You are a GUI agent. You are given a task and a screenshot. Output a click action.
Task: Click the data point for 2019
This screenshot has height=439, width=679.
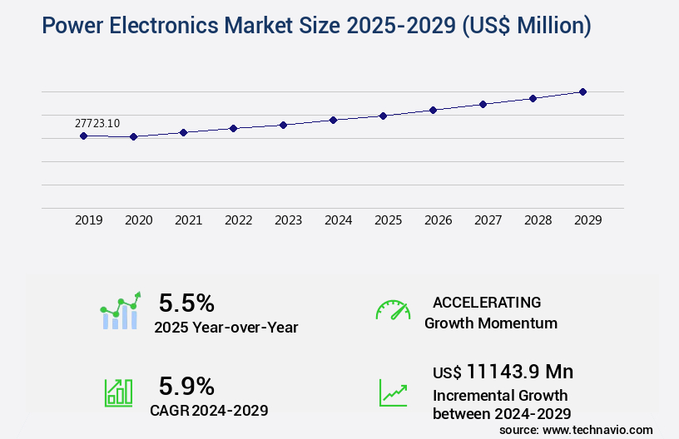tap(83, 136)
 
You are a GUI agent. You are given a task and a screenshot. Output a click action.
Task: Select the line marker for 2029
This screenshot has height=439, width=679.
tap(582, 91)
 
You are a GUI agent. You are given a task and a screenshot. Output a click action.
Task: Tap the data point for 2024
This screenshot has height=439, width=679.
tap(333, 120)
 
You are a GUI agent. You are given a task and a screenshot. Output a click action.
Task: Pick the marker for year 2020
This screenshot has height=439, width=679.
tap(133, 136)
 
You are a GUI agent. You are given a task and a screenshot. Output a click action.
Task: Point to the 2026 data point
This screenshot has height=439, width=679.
tap(433, 110)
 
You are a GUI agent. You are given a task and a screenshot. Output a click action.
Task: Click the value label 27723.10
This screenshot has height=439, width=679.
tap(97, 123)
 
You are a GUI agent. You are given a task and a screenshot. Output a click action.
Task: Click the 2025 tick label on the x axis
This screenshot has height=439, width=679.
tap(388, 220)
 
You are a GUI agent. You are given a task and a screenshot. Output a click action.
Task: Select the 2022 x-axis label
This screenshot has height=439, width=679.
tap(238, 220)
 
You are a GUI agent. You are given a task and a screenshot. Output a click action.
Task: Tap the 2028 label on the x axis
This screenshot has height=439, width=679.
tap(538, 220)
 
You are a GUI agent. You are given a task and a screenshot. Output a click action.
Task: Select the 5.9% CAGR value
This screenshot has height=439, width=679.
tap(187, 386)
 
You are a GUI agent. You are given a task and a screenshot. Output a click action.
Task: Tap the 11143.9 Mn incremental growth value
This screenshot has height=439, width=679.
tap(519, 371)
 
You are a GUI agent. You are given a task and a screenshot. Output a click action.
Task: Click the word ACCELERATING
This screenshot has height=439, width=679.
tap(487, 302)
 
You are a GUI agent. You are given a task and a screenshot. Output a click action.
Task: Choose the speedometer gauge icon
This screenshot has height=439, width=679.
tap(393, 310)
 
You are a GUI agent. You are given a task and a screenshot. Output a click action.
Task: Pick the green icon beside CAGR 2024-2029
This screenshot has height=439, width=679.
tap(118, 392)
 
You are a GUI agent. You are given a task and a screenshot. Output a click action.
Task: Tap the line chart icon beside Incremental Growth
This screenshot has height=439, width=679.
tap(393, 392)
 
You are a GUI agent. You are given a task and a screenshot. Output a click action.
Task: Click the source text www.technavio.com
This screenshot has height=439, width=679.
tap(597, 429)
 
